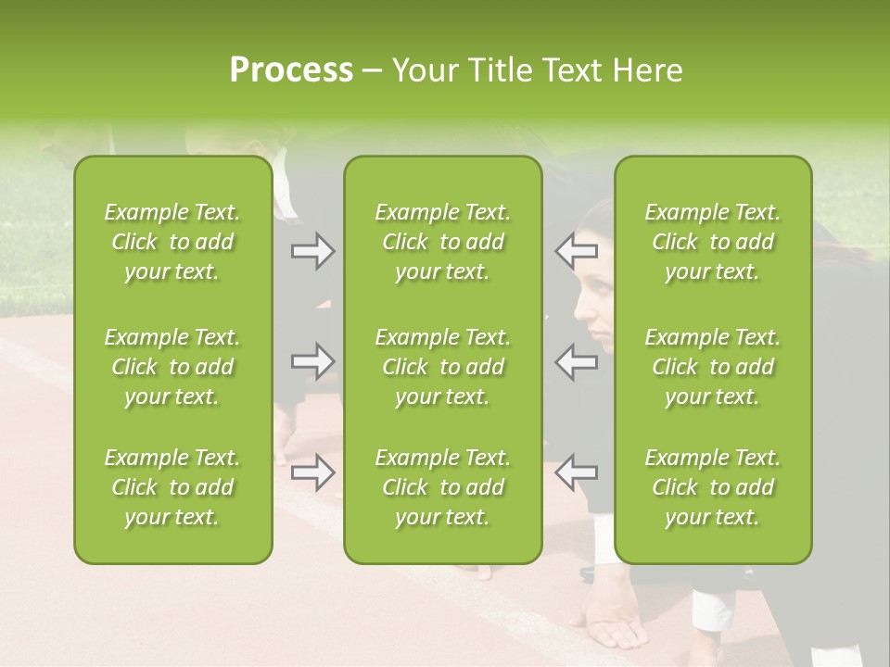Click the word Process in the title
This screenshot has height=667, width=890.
(x=291, y=70)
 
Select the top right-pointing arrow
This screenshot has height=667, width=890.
(x=312, y=251)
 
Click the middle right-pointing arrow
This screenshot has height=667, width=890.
(x=312, y=360)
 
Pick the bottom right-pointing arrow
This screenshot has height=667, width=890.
(x=312, y=472)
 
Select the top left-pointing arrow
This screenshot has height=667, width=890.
(x=577, y=251)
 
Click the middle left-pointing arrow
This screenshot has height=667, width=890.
(x=577, y=360)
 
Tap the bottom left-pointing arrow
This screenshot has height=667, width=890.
(x=577, y=472)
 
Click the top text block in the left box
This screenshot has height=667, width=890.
(x=172, y=242)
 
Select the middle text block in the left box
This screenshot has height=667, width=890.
(x=172, y=367)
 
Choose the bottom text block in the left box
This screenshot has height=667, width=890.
(x=172, y=487)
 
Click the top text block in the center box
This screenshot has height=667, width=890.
(x=442, y=242)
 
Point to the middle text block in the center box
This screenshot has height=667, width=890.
(x=442, y=367)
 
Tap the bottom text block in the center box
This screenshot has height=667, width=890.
(x=442, y=487)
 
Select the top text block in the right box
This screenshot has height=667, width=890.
(x=712, y=242)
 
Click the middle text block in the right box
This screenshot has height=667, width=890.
(x=712, y=367)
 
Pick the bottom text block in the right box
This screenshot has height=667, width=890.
(x=712, y=487)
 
